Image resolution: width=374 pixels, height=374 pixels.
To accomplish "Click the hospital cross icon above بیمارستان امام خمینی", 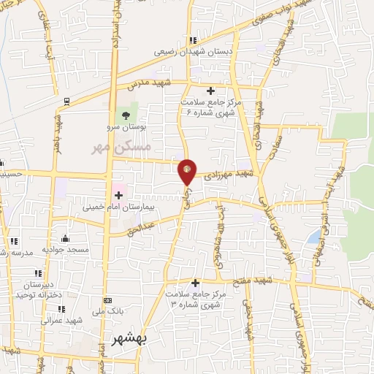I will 118,195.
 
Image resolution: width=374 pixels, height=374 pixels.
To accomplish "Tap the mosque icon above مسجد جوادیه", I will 66,237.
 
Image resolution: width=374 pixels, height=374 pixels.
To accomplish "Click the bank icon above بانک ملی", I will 108,300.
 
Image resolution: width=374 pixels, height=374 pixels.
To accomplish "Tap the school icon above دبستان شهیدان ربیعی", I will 191,41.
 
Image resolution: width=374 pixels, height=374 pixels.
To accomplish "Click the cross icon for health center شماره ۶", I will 210,91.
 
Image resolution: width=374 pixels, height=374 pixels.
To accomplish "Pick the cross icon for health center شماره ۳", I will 195,283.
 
